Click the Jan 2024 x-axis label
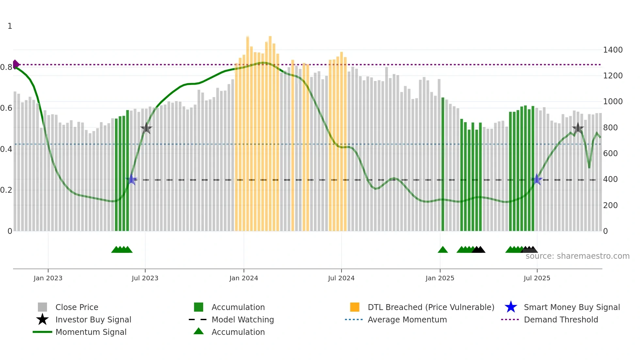tap(244, 278)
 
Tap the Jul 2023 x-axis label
tap(145, 278)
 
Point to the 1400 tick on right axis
tap(613, 50)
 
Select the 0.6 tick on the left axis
tap(6, 108)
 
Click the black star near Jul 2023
tap(146, 128)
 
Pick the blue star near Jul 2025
tap(536, 179)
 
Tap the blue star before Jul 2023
tap(131, 179)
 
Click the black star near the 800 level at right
tap(578, 128)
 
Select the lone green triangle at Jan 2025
tap(443, 250)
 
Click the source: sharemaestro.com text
tap(577, 256)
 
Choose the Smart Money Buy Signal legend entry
tap(571, 307)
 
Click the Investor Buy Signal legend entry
tap(93, 319)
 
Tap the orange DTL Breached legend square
tap(355, 307)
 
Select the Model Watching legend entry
tap(242, 319)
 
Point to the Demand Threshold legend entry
tap(561, 319)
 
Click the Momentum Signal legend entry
tap(91, 332)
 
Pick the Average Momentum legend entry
tap(407, 319)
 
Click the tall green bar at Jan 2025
tap(443, 163)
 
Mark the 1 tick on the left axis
tap(10, 26)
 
